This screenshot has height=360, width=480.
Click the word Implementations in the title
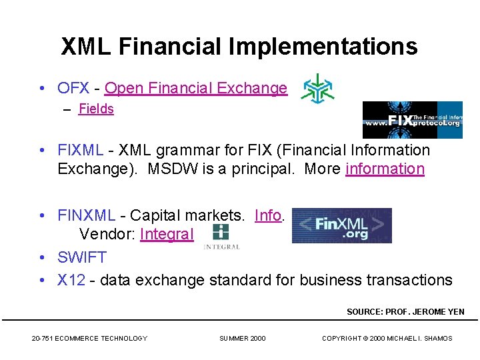pos(323,47)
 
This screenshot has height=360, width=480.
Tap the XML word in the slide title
pos(86,47)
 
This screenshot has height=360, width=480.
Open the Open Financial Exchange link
pos(196,88)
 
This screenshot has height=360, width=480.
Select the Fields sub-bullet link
pos(96,109)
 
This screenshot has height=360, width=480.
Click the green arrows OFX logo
pos(318,88)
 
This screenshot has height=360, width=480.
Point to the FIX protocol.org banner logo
pos(412,120)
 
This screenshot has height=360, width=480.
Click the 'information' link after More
pos(385,169)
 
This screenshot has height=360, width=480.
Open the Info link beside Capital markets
pos(268,215)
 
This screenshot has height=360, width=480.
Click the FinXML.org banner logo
pos(342,225)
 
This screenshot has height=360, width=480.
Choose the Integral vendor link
pos(167,235)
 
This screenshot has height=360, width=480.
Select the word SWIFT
pos(82,257)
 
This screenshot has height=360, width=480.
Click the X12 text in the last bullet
pos(71,280)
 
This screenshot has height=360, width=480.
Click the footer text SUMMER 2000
pos(242,339)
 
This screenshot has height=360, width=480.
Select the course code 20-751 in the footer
pos(42,339)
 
